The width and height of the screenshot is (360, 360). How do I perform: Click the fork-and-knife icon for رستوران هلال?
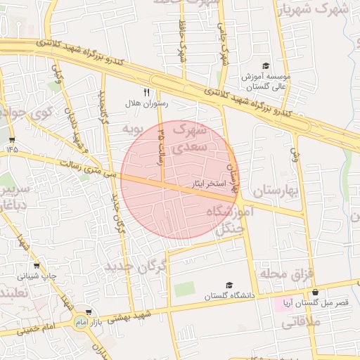tap(147, 91)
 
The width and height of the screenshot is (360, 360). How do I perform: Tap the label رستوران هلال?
tap(147, 103)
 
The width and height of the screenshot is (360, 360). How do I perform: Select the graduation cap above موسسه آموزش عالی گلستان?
tap(265, 65)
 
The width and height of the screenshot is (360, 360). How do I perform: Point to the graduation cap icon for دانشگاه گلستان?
tap(229, 285)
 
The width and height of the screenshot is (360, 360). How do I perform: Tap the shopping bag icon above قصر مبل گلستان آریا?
tap(315, 292)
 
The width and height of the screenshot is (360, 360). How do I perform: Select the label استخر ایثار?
tap(209, 184)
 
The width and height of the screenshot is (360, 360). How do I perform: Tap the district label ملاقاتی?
tap(300, 323)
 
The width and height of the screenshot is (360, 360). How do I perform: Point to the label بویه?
tap(133, 129)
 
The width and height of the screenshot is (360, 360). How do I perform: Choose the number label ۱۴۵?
tap(13, 149)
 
